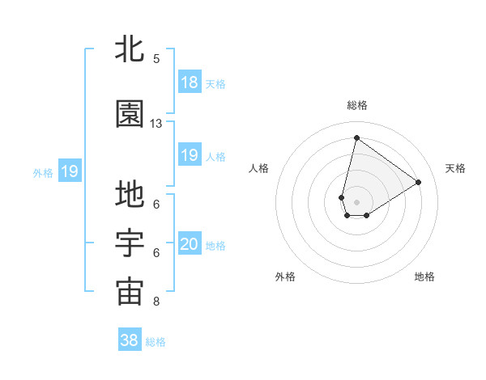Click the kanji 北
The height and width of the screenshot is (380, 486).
click(x=130, y=50)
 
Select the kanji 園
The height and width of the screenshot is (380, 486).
click(x=130, y=115)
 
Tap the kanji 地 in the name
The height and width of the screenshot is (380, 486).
click(x=130, y=196)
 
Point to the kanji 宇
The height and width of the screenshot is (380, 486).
click(x=130, y=244)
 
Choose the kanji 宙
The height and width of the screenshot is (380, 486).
click(x=130, y=293)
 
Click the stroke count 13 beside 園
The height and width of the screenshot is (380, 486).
click(x=156, y=124)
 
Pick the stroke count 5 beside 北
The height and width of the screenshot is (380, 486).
click(x=156, y=59)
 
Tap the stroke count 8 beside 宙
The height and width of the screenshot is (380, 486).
click(x=156, y=302)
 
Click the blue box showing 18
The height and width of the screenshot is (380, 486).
click(x=189, y=82)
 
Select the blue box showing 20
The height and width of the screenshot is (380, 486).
click(x=189, y=244)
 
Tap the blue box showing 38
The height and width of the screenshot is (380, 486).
click(x=130, y=340)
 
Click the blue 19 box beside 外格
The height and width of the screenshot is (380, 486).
click(x=69, y=171)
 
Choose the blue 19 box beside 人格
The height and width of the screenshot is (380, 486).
click(x=189, y=155)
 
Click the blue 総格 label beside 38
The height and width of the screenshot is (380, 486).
click(x=156, y=342)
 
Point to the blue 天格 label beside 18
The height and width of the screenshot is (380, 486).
click(x=215, y=83)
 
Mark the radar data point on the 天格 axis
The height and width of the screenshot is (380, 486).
click(x=418, y=183)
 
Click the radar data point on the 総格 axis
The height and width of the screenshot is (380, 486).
click(x=356, y=137)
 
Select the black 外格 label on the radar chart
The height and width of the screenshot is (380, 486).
click(x=285, y=277)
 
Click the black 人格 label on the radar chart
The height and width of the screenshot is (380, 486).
click(x=259, y=168)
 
